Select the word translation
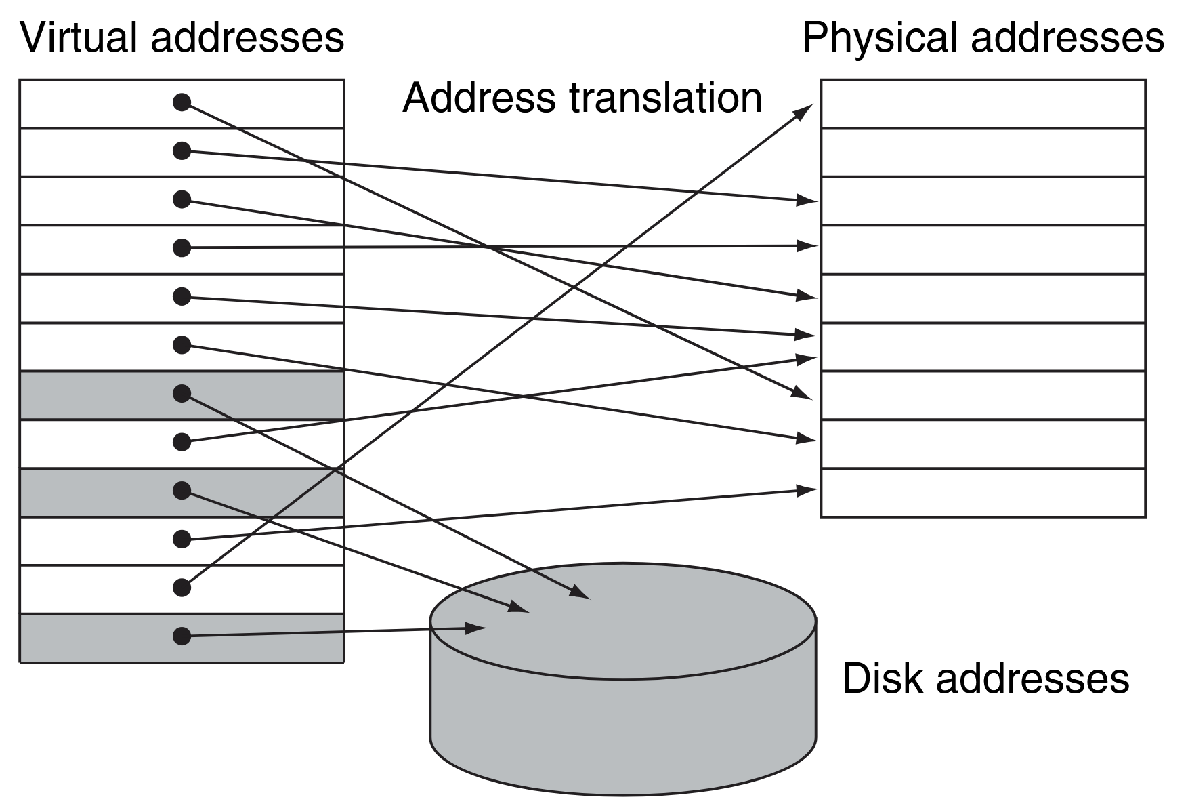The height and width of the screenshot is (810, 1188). (x=665, y=98)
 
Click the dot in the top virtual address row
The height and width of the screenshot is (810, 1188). (x=182, y=102)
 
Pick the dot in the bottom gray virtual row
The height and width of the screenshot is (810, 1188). (x=182, y=636)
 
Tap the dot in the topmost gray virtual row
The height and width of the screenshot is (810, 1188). (x=182, y=393)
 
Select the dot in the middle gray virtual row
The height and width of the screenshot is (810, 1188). (x=182, y=490)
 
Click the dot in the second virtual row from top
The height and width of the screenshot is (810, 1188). (x=182, y=150)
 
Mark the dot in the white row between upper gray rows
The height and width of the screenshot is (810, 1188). (x=182, y=442)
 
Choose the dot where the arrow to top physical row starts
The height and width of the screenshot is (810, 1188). (x=182, y=588)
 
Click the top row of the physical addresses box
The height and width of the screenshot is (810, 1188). (x=983, y=104)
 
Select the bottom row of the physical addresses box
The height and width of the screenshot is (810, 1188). (x=983, y=493)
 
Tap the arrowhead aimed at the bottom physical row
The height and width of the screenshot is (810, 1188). (x=808, y=489)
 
